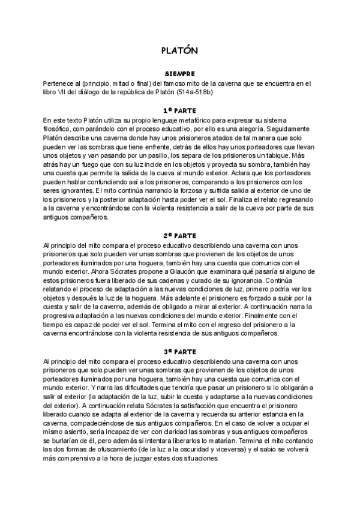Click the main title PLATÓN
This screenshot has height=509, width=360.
point(179,51)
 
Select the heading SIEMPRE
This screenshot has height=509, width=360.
point(179,74)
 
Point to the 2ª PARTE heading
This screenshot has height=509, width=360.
point(179,236)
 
